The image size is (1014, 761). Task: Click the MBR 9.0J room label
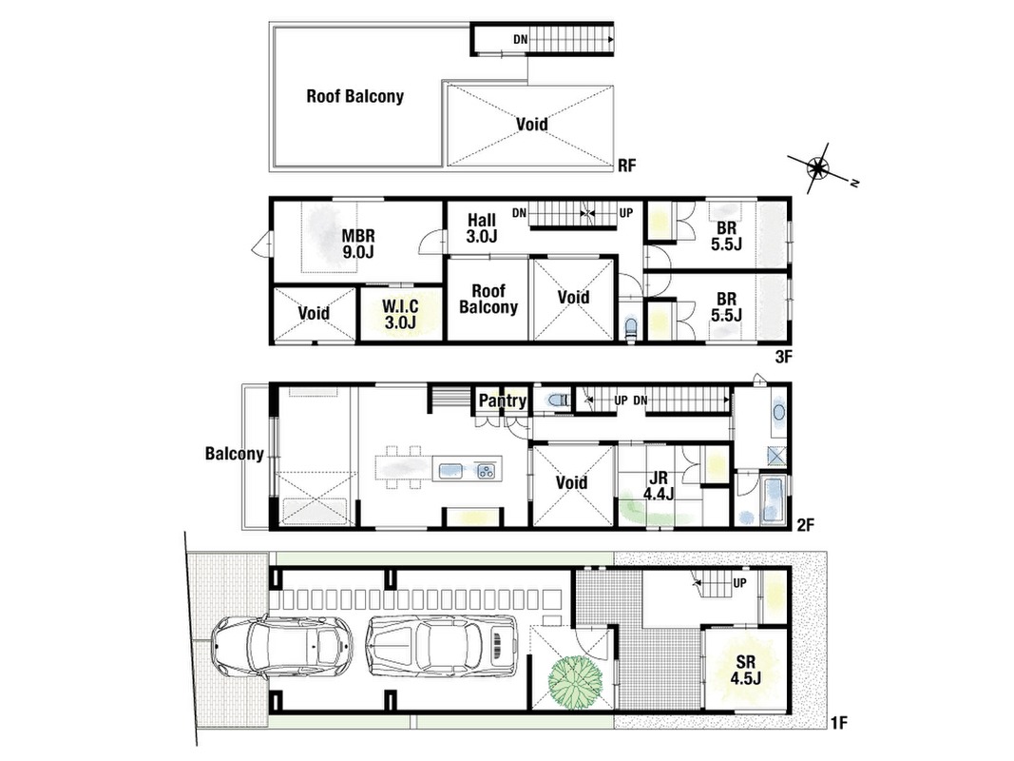tap(358, 244)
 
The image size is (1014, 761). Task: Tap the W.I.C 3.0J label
tap(400, 314)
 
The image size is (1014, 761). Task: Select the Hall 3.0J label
tap(482, 228)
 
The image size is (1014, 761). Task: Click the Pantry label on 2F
tap(502, 400)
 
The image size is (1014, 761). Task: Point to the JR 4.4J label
tap(659, 486)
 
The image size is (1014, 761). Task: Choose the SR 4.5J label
tap(746, 670)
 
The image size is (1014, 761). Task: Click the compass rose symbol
tap(818, 168)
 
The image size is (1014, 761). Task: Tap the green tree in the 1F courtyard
tap(574, 681)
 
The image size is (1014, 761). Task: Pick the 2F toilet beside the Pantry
tap(557, 400)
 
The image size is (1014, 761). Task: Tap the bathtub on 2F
tap(773, 498)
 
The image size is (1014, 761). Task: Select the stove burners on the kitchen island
tap(486, 471)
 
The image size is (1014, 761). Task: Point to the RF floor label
tap(626, 166)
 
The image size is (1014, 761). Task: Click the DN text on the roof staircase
tap(521, 39)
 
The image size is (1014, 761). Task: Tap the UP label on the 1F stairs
tap(739, 583)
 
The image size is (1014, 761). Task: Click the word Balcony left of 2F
tap(234, 454)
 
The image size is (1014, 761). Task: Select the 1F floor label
tap(838, 723)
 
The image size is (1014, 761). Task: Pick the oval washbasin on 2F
tap(778, 412)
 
